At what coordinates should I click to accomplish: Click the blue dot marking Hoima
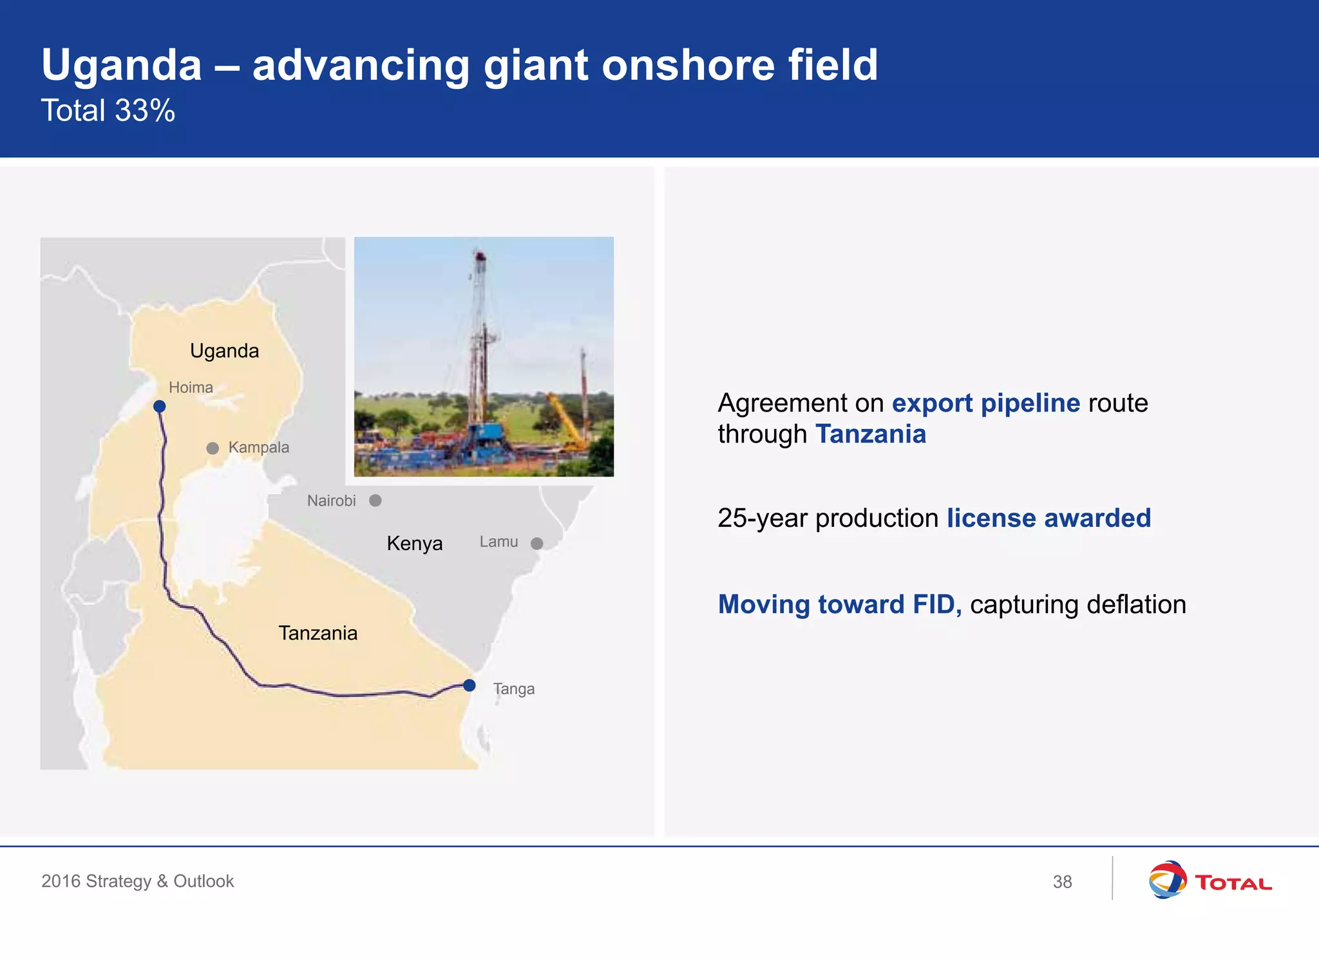pos(160,406)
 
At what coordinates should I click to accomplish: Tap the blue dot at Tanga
pos(470,685)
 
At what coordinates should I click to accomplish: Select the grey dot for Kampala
pos(213,448)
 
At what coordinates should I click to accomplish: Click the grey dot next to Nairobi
pos(375,500)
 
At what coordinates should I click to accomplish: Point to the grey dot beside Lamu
pos(536,544)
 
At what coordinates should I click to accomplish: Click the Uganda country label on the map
pos(224,351)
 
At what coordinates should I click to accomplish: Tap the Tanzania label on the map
pos(318,633)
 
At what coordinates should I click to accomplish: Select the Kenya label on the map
pos(414,544)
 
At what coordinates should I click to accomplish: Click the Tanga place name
pos(514,689)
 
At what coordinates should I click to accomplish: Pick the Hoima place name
pos(191,388)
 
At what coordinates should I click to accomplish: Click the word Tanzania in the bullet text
pos(871,434)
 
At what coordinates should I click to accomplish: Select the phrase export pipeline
pos(985,403)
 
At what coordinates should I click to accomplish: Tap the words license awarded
pos(1049,519)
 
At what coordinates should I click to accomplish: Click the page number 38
pos(1062,882)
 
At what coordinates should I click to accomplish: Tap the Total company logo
pos(1210,880)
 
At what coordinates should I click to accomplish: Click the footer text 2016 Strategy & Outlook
pos(137,881)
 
